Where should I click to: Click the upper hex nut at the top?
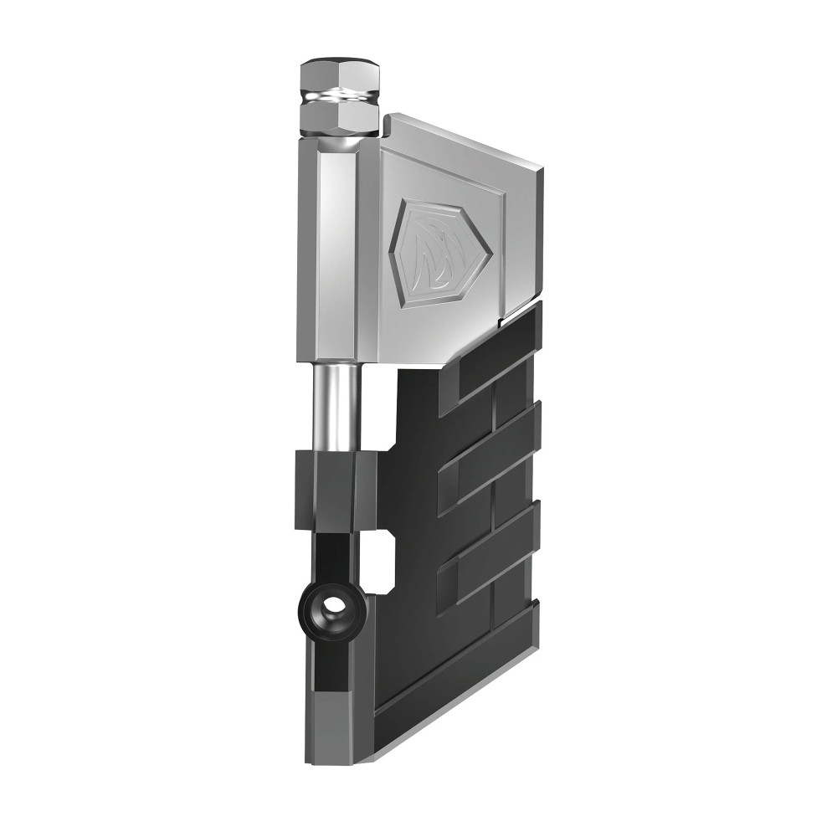pyautogui.click(x=339, y=76)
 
